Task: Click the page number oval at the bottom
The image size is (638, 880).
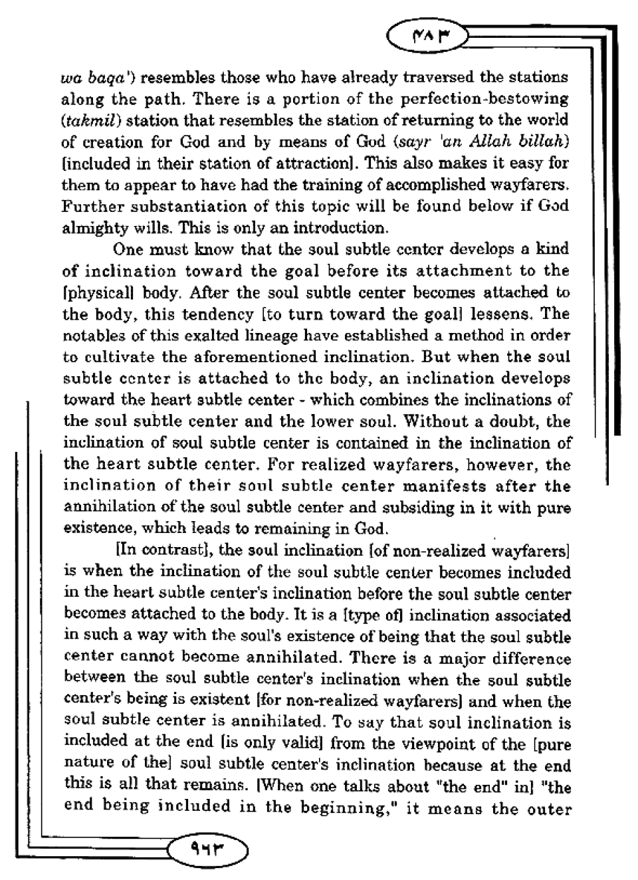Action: [208, 848]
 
